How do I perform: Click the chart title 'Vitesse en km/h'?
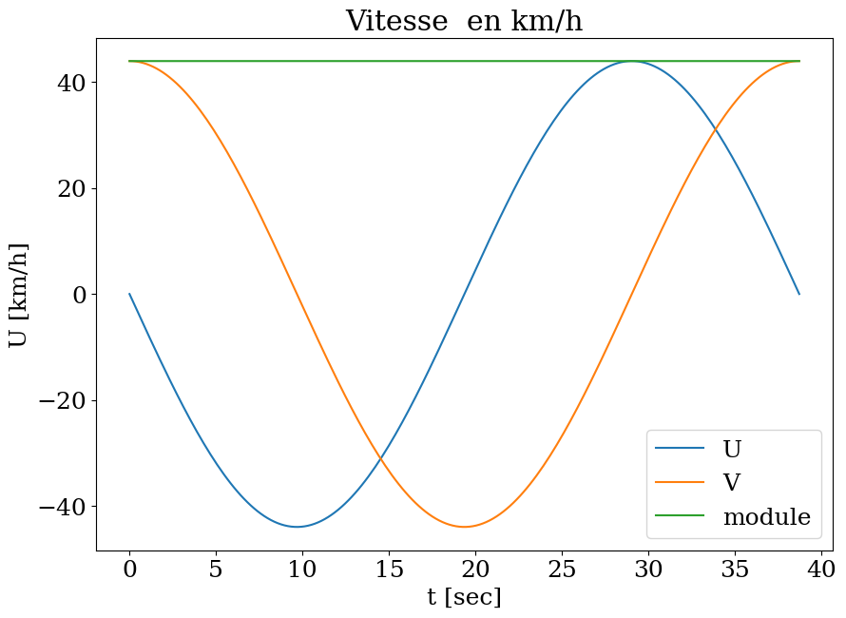coord(464,21)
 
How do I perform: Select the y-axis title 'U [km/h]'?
coord(19,295)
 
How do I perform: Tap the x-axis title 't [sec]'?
coord(464,597)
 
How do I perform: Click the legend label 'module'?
coord(766,517)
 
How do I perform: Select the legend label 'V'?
coord(731,483)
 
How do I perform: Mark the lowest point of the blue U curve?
coord(297,527)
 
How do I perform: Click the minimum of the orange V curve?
coord(464,527)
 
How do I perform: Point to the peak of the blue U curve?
coord(631,61)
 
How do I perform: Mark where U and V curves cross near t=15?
coord(380,459)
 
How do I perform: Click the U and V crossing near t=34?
coord(715,129)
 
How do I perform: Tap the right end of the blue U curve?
coord(798,294)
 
